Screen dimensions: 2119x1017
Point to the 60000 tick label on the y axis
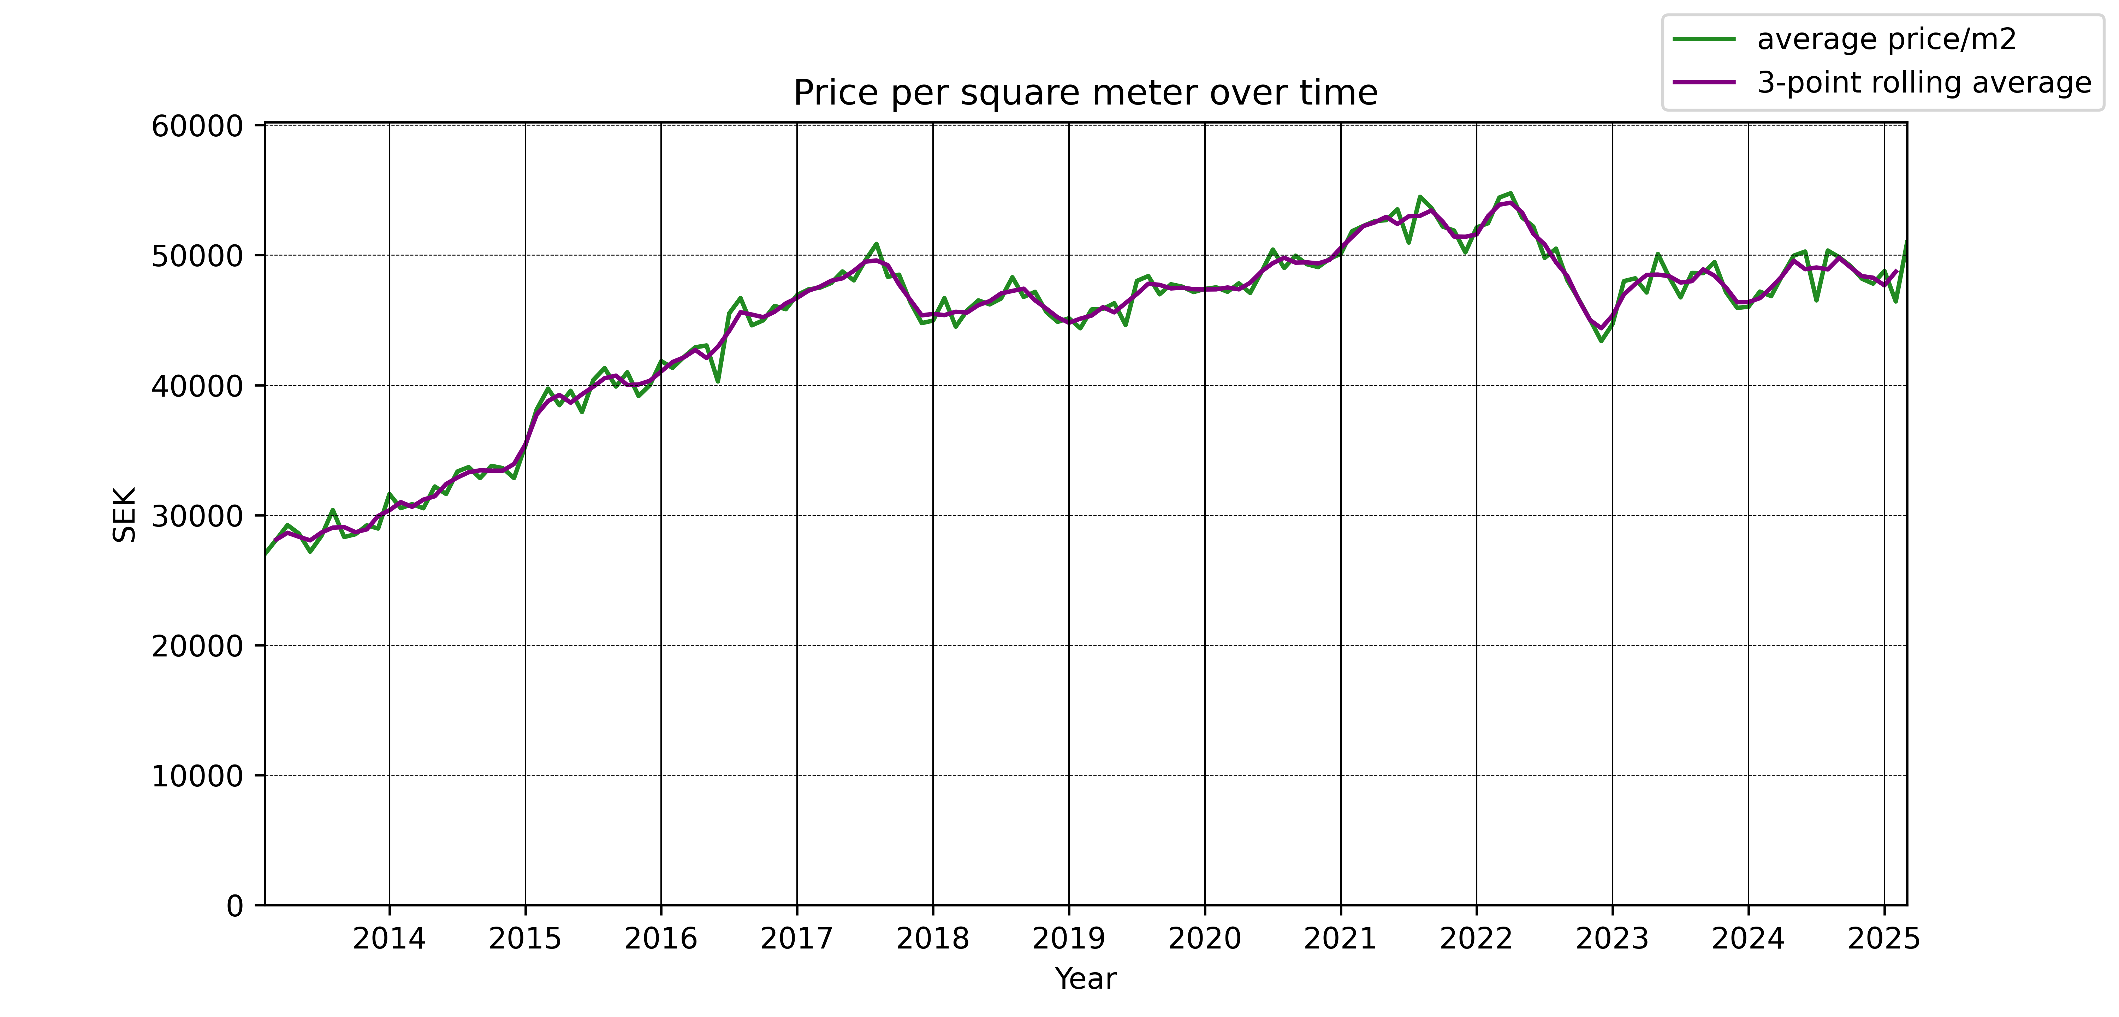197,126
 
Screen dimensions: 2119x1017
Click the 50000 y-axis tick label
197,256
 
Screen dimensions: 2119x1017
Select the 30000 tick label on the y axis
197,516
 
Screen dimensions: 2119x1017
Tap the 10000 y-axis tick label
197,776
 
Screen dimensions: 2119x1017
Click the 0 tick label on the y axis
235,906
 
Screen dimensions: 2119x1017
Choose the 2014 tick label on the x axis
389,939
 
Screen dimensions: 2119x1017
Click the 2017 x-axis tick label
796,939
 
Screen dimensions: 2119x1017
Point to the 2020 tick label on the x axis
1204,939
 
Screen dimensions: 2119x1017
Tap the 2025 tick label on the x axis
1884,939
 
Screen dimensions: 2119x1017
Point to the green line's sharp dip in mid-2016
718,382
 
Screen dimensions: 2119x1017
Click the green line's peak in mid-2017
876,244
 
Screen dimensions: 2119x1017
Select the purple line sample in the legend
1704,82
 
